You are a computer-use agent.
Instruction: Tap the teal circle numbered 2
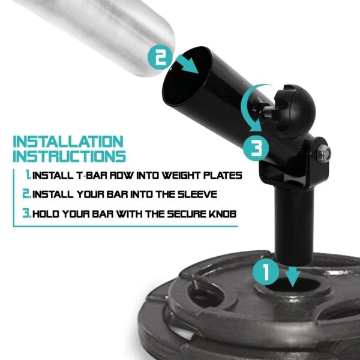160,58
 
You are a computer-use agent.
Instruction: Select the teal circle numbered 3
256,147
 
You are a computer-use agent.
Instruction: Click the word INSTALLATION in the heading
67,143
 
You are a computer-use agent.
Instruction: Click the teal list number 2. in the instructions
26,194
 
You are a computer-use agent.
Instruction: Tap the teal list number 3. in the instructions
26,213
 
